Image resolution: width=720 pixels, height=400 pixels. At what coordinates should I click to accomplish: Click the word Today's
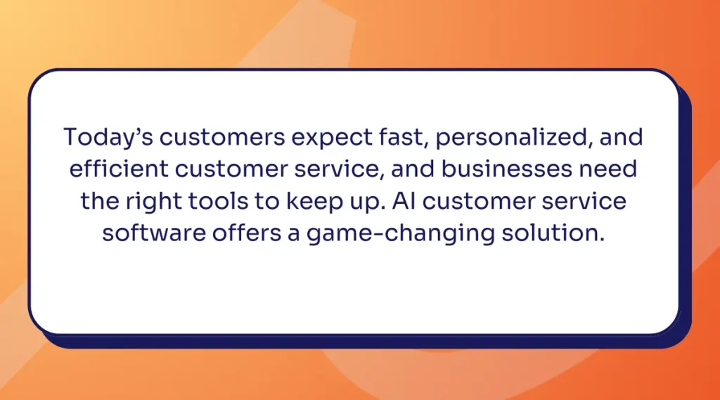click(108, 138)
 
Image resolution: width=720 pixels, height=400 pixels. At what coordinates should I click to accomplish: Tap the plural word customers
click(222, 138)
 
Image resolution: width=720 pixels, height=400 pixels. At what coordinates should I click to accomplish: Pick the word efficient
click(119, 168)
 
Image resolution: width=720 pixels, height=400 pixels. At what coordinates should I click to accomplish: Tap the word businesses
click(507, 168)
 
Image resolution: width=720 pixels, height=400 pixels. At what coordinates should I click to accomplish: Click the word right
click(154, 202)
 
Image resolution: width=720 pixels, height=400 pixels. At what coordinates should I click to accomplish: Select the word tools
click(218, 200)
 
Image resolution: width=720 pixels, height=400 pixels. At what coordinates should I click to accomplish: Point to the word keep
click(314, 202)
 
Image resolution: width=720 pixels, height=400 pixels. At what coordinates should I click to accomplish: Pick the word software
click(154, 233)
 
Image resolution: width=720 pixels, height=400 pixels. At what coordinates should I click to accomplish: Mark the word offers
click(247, 233)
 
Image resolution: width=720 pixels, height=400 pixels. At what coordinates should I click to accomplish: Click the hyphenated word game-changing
click(401, 234)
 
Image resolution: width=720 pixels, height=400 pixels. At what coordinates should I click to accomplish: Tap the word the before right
click(100, 200)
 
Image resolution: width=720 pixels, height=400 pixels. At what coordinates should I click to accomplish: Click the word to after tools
click(266, 202)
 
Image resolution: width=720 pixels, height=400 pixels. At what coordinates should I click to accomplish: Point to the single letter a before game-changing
click(294, 234)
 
